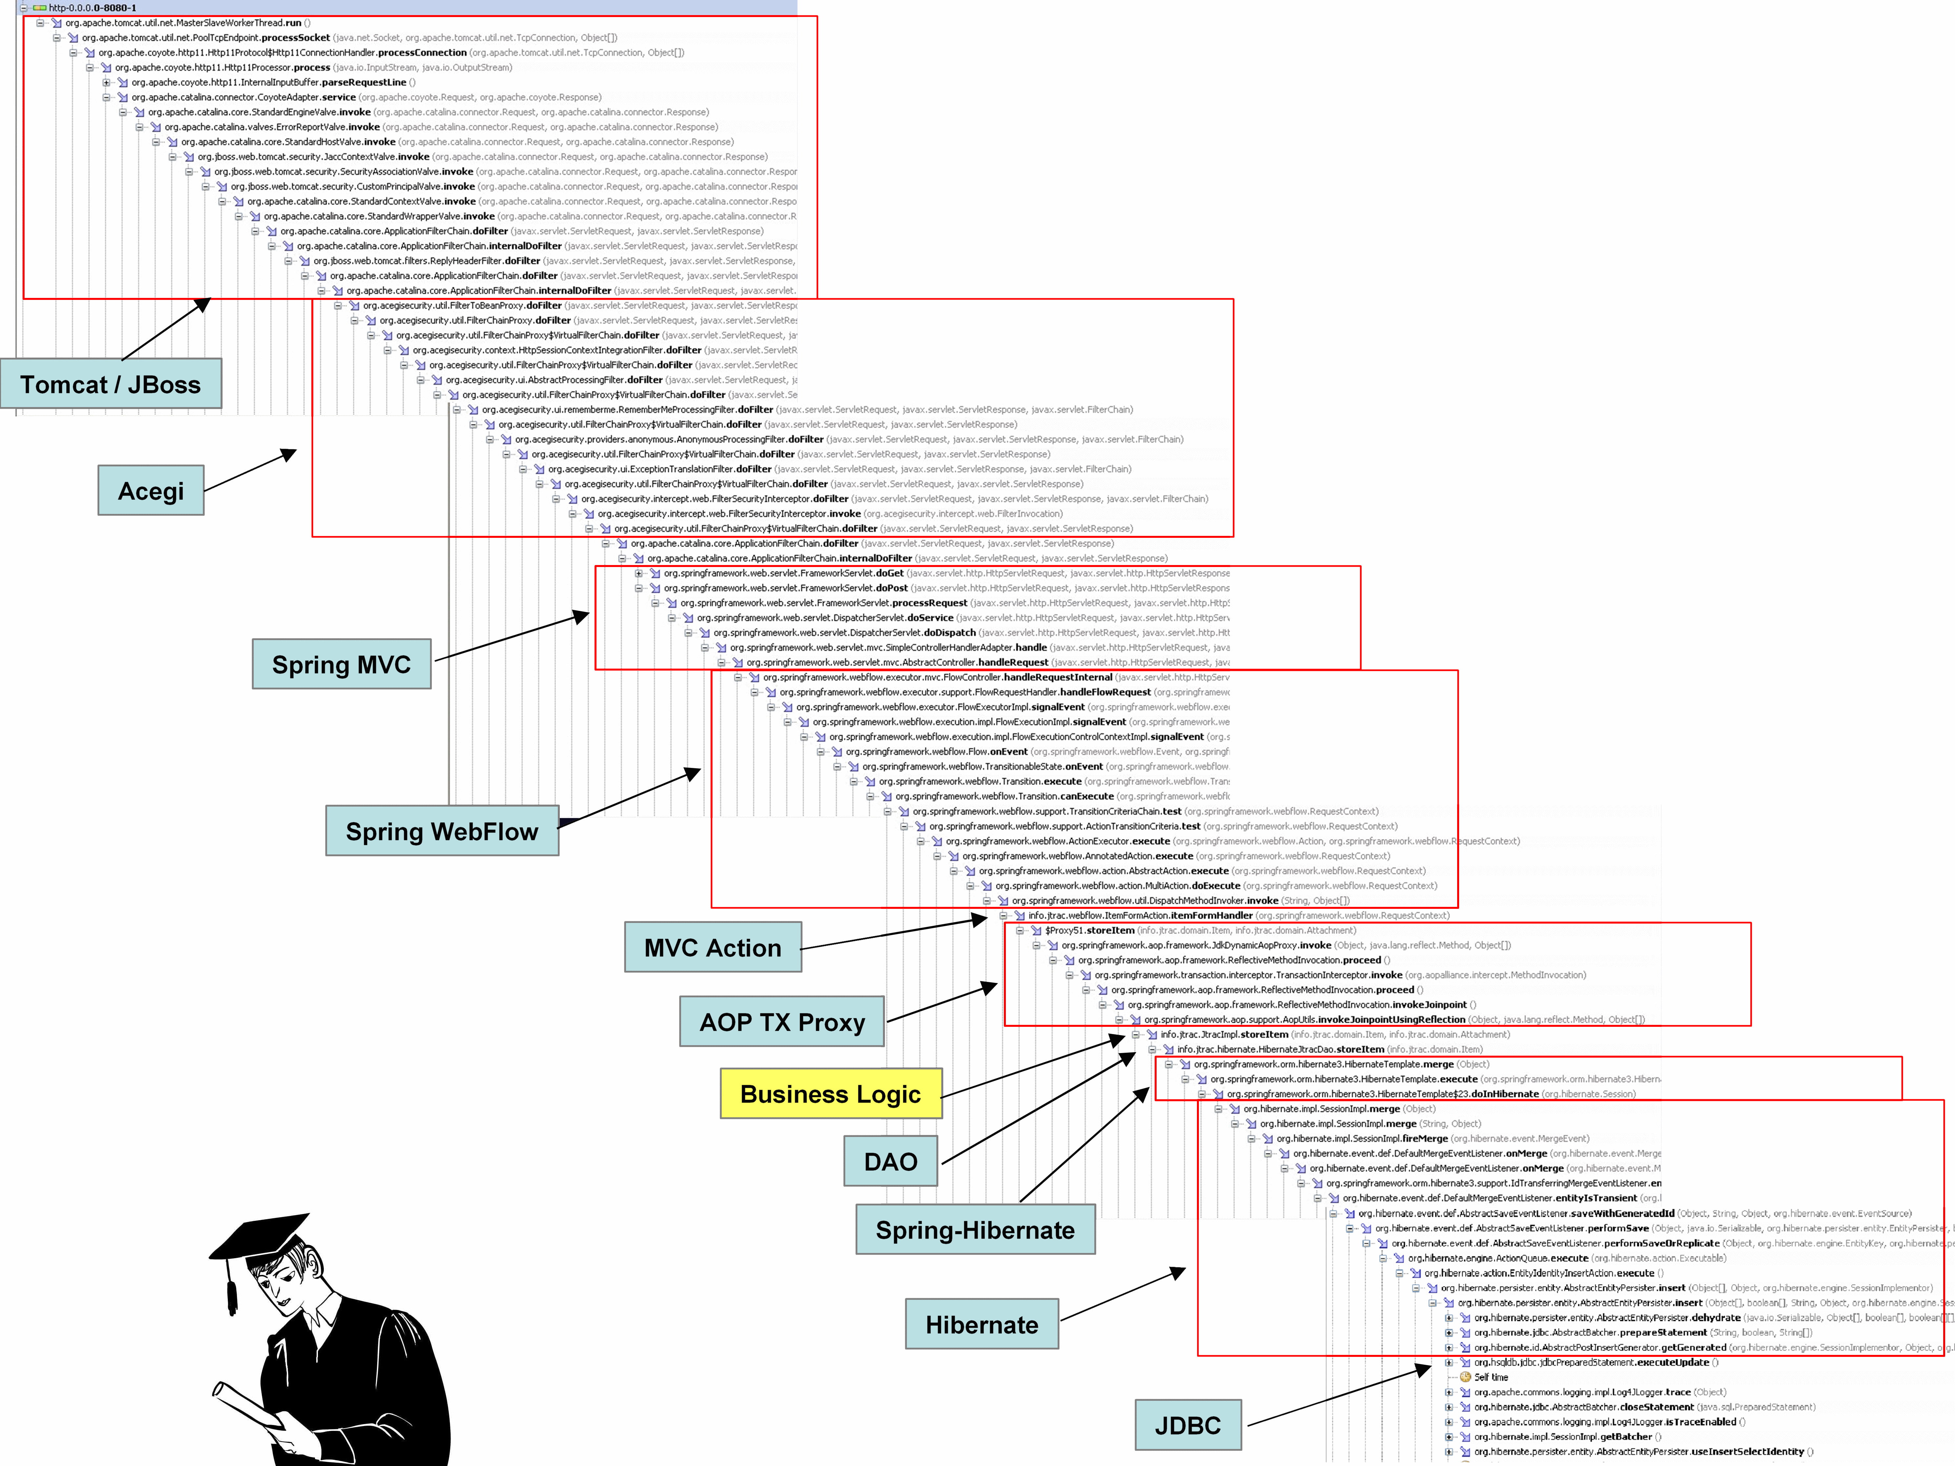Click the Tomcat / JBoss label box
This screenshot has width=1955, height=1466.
tap(110, 384)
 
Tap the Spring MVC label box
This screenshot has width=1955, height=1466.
tap(341, 664)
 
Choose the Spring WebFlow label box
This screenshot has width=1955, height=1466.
tap(442, 831)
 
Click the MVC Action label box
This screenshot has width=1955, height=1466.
tap(713, 947)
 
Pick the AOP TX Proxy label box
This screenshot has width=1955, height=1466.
tap(782, 1022)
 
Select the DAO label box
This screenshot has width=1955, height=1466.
tap(890, 1161)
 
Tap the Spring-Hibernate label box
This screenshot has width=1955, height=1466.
tap(975, 1229)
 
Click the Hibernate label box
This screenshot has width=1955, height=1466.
tap(982, 1324)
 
